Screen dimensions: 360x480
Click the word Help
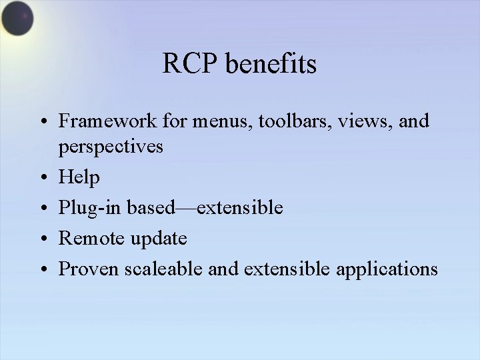(79, 177)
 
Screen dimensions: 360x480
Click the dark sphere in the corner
(17, 18)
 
